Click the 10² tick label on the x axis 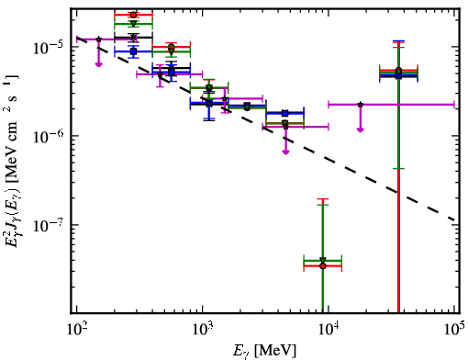point(77,329)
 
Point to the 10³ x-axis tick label point(203,329)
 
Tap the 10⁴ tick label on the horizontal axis point(329,329)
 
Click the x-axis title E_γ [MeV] point(264,351)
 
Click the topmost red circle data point point(133,15)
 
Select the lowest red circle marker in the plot point(322,266)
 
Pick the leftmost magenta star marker point(98,39)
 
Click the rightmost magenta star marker point(361,105)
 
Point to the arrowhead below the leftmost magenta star point(98,64)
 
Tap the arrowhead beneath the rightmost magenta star point(361,129)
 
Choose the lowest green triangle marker point(322,260)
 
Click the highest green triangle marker point(133,24)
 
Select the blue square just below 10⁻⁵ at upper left point(133,51)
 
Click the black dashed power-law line point(265,129)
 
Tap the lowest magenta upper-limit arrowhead point(285,152)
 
